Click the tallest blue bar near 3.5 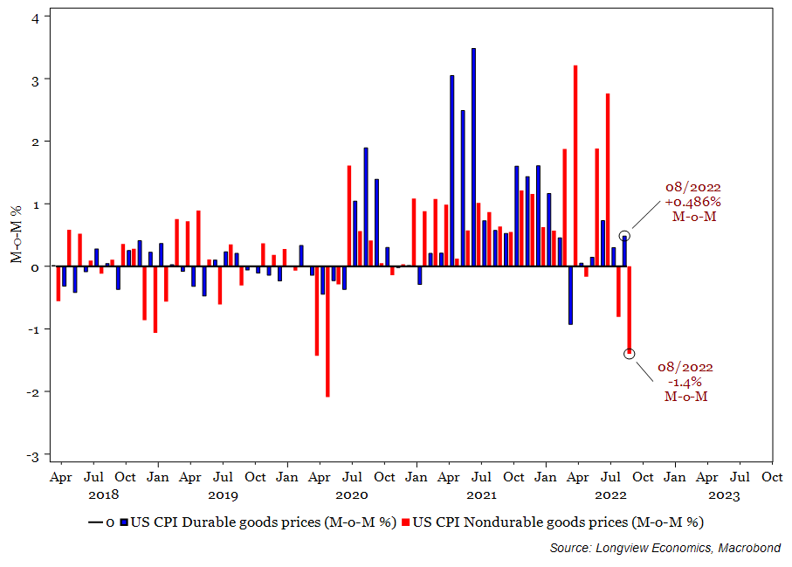coord(473,157)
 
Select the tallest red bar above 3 coord(575,166)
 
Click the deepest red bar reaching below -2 coord(327,331)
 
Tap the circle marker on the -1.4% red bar coord(630,353)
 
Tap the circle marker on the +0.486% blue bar coord(624,236)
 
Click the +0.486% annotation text coord(694,202)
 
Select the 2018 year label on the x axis coord(103,494)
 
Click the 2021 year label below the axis coord(481,494)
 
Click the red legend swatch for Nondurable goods coord(406,522)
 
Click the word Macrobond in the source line coord(752,548)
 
